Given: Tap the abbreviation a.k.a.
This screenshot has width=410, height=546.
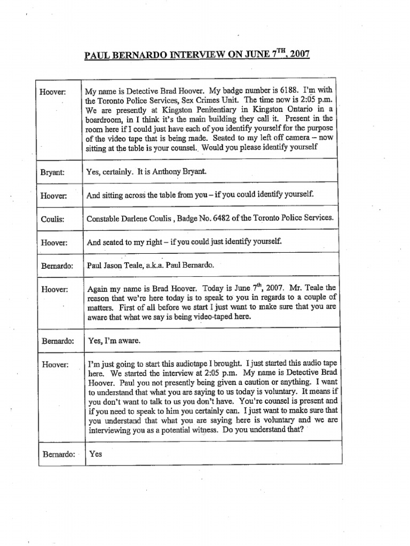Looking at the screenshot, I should point(157,264).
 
